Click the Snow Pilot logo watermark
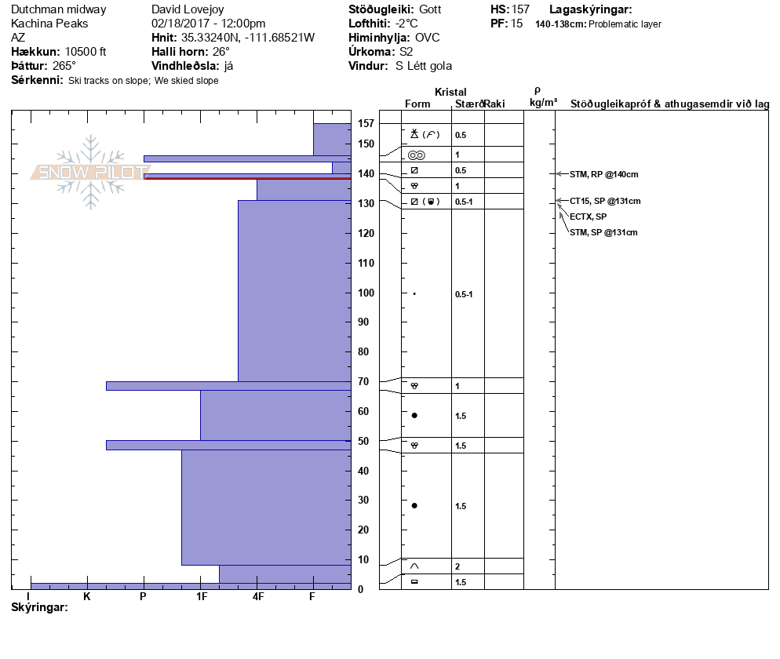tap(90, 172)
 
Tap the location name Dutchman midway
tap(58, 9)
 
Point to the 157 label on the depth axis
tap(365, 123)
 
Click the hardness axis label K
tap(87, 596)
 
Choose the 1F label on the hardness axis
tap(201, 596)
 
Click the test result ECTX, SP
tap(588, 217)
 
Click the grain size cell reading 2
tap(457, 566)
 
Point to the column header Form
tap(417, 104)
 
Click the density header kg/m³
tap(543, 103)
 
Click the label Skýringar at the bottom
tap(39, 607)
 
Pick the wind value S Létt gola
tap(424, 66)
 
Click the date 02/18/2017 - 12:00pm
tap(208, 24)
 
